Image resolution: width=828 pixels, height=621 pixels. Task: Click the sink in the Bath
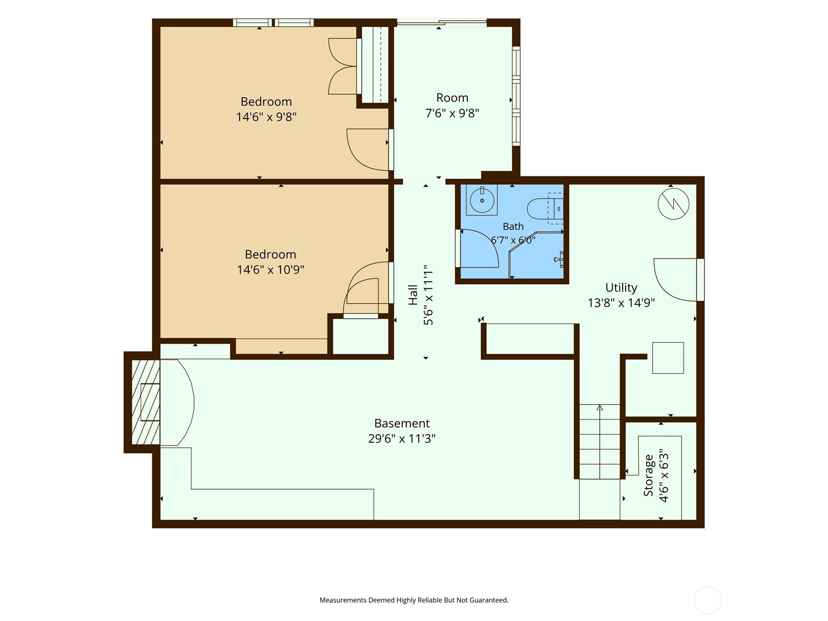click(x=482, y=200)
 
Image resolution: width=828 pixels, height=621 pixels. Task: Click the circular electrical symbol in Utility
click(x=673, y=204)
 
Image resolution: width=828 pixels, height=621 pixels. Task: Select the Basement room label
click(x=402, y=423)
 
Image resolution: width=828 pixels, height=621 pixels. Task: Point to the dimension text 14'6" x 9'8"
click(x=267, y=117)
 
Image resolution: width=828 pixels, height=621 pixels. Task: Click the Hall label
click(x=413, y=295)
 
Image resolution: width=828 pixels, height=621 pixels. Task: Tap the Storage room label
click(x=648, y=475)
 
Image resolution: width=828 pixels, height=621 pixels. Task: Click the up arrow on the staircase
click(x=600, y=407)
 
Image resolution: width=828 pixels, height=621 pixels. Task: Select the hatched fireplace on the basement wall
click(x=146, y=402)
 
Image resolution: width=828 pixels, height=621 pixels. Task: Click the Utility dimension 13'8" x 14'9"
click(x=621, y=303)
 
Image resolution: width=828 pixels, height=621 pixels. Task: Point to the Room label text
click(x=452, y=98)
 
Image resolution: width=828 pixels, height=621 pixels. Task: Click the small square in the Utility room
click(x=668, y=358)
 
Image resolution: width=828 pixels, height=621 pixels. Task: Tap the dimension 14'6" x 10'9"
click(x=271, y=270)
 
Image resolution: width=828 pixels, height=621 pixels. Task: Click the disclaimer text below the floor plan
click(x=414, y=600)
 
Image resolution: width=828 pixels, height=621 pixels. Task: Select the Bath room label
click(x=513, y=226)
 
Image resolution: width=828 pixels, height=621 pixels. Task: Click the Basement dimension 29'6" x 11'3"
click(x=402, y=438)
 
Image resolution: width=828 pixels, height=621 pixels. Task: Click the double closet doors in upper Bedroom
click(x=343, y=66)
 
